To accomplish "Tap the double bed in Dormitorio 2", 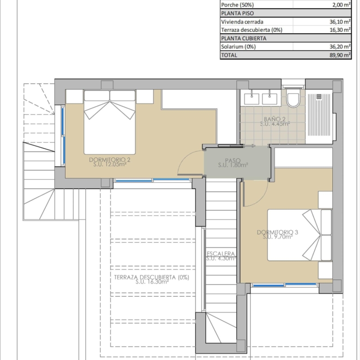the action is (x=109, y=122).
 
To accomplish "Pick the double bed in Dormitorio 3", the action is (x=300, y=235).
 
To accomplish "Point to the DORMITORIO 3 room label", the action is (x=277, y=232).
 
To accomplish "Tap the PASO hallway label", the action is (x=233, y=160).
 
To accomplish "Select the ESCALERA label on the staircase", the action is (x=221, y=253).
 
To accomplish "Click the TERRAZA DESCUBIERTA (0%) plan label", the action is (x=151, y=277).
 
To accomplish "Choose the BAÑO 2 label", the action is (x=275, y=119).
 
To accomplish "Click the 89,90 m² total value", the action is (x=340, y=55).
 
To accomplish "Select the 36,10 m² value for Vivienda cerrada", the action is (x=340, y=22).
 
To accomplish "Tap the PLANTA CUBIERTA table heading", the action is (x=244, y=38).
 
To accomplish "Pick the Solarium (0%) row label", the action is (x=238, y=47).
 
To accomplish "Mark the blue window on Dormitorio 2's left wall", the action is (x=63, y=136).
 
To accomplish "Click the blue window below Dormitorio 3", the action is (x=285, y=285).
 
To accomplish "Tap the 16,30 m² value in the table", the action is (x=340, y=30).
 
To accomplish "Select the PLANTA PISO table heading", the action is (x=237, y=13).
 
